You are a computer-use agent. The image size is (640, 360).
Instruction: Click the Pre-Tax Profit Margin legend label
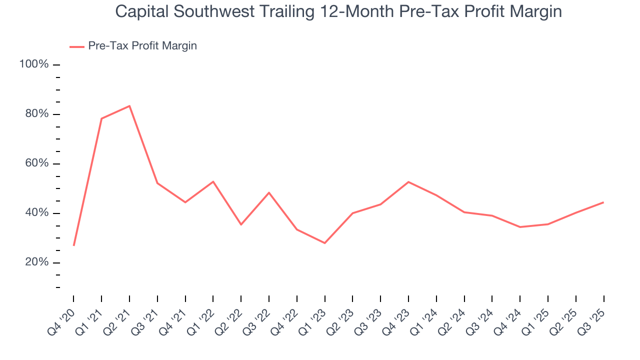tap(142, 46)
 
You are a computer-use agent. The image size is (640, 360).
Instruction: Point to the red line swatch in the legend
tap(77, 46)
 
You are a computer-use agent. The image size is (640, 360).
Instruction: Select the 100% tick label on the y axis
tap(34, 64)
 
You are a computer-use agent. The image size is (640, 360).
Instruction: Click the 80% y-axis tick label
tap(36, 114)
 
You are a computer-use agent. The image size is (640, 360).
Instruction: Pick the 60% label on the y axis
tap(36, 163)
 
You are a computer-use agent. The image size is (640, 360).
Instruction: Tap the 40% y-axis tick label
tap(36, 213)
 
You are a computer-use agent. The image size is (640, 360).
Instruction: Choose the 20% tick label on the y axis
tap(36, 262)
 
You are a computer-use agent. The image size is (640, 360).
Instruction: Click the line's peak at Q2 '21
tap(129, 106)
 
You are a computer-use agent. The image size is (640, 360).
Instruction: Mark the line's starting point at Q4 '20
tap(74, 245)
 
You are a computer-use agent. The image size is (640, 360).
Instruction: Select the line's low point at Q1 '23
tap(325, 243)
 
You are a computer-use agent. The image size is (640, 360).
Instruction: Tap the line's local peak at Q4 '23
tap(408, 182)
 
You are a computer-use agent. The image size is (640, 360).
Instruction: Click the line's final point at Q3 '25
tap(603, 202)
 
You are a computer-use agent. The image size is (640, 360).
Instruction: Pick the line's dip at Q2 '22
tap(241, 224)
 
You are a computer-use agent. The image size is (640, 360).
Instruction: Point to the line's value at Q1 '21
tap(101, 118)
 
